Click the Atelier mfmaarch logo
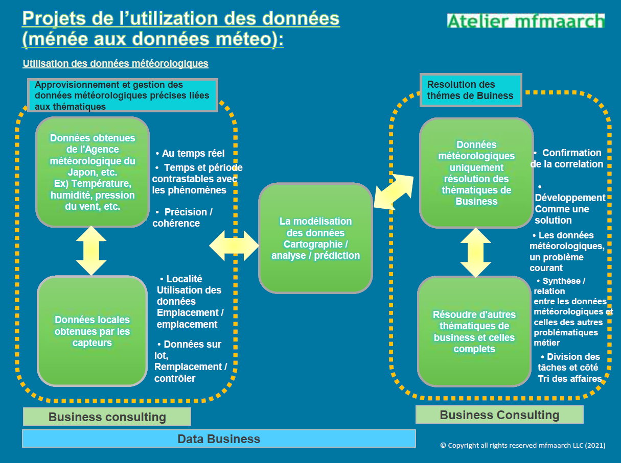click(x=525, y=20)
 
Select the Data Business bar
click(x=219, y=438)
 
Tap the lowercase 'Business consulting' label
click(x=107, y=417)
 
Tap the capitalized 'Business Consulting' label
click(x=499, y=415)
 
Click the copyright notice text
click(x=523, y=446)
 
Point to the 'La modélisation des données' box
click(x=315, y=238)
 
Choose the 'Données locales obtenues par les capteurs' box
click(x=92, y=331)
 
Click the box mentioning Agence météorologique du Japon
click(x=93, y=172)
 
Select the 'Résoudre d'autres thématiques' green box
click(x=474, y=331)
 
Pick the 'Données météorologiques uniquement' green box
click(x=476, y=173)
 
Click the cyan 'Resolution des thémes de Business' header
click(x=471, y=90)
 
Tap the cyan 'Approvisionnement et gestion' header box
click(x=123, y=95)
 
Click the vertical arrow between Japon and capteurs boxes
click(x=91, y=251)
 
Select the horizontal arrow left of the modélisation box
click(x=234, y=246)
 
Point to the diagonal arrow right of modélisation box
click(x=394, y=192)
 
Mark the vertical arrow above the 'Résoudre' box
click(x=475, y=252)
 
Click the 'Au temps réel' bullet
click(x=190, y=153)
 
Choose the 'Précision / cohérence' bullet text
click(x=183, y=217)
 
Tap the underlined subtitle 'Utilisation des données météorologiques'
click(x=116, y=64)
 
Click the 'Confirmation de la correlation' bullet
click(x=567, y=158)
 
